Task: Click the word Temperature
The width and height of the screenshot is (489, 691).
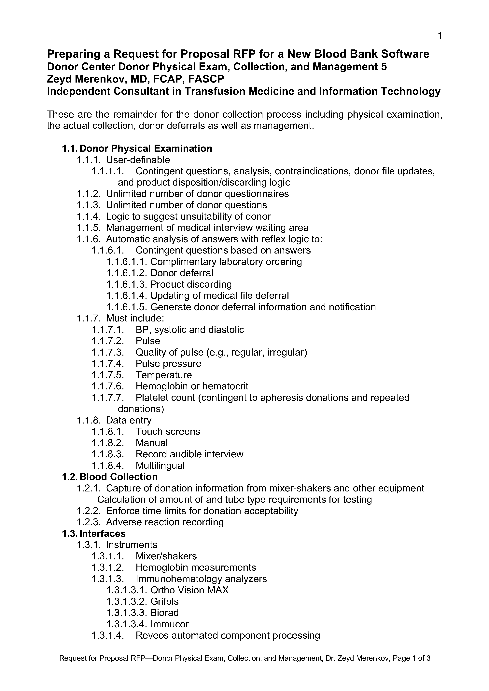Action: click(164, 375)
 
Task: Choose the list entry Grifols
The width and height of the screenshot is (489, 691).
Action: click(164, 601)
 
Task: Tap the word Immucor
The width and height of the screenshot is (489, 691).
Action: click(170, 624)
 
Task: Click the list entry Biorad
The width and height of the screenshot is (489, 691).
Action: click(164, 612)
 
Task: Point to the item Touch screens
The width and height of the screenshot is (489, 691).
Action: click(168, 432)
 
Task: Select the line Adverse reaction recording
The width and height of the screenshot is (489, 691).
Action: click(165, 522)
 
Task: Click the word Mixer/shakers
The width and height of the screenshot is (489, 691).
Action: click(166, 556)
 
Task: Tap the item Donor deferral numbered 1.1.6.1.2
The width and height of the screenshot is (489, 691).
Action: click(182, 273)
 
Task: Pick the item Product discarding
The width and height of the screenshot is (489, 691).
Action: click(191, 284)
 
